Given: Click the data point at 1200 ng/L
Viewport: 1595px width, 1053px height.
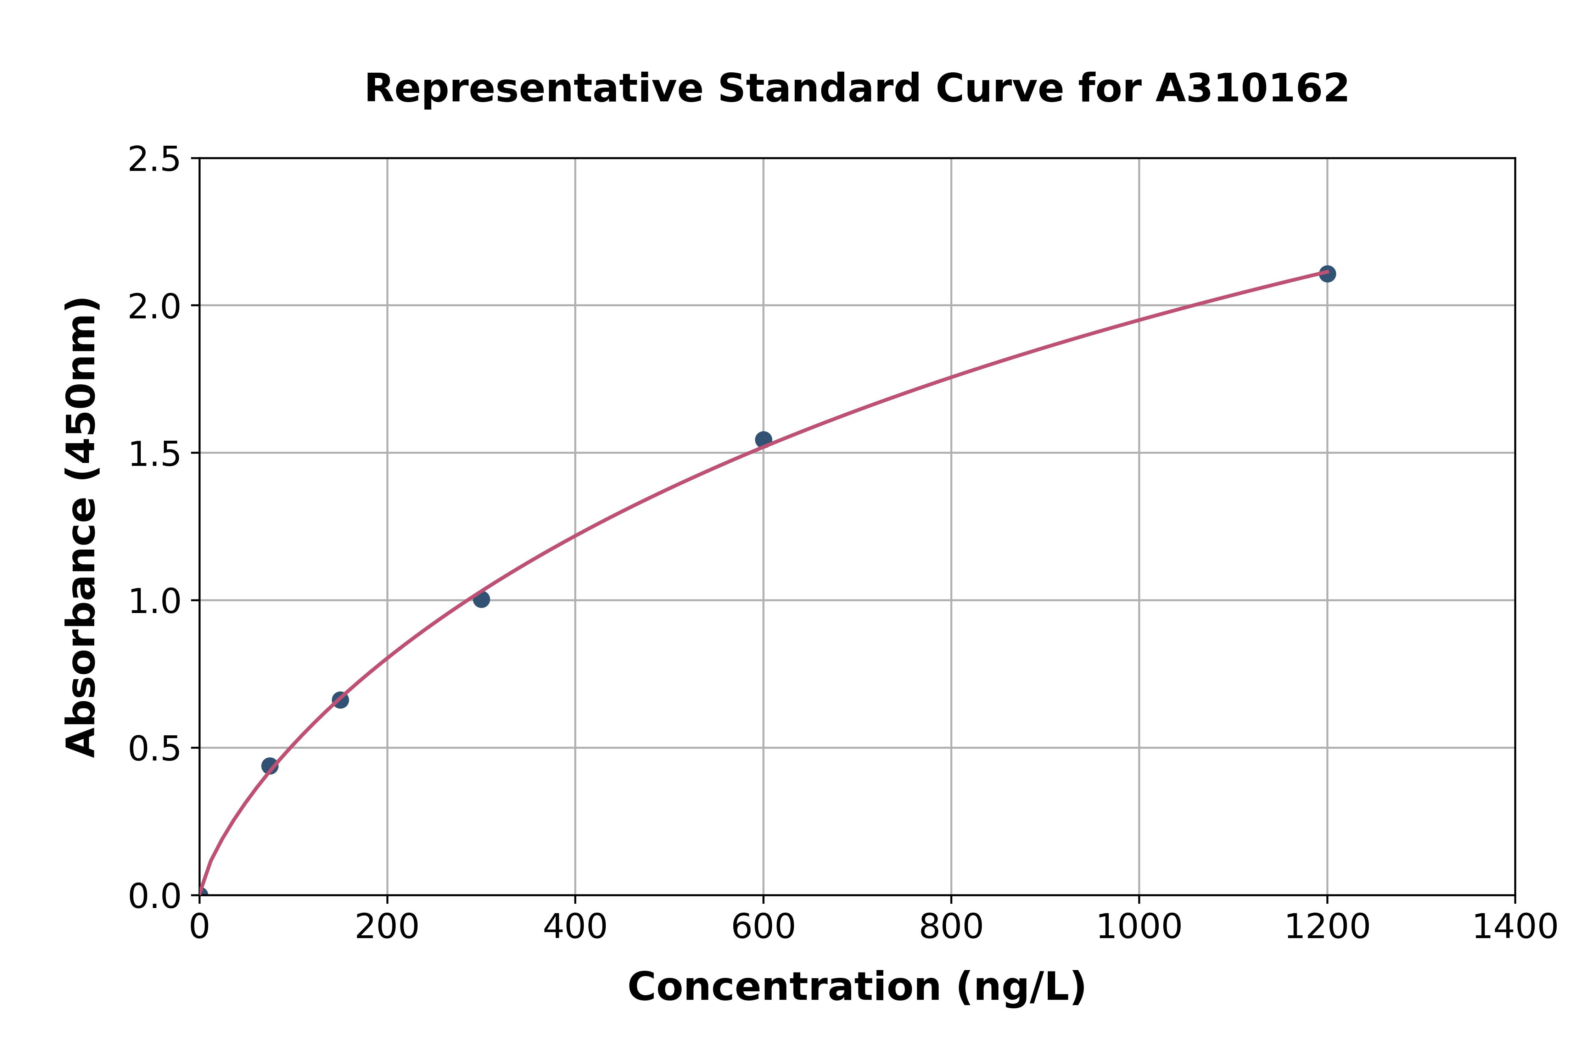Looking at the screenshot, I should click(x=1326, y=273).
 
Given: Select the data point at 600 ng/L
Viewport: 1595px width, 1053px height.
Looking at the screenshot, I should click(x=763, y=439).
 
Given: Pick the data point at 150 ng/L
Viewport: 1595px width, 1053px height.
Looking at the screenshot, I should click(x=340, y=700).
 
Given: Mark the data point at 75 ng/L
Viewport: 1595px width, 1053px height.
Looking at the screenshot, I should click(x=270, y=765).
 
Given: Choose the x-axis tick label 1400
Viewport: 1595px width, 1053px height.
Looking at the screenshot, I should click(x=1515, y=927).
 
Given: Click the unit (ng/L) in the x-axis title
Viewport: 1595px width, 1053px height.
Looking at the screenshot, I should click(x=1020, y=987).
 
